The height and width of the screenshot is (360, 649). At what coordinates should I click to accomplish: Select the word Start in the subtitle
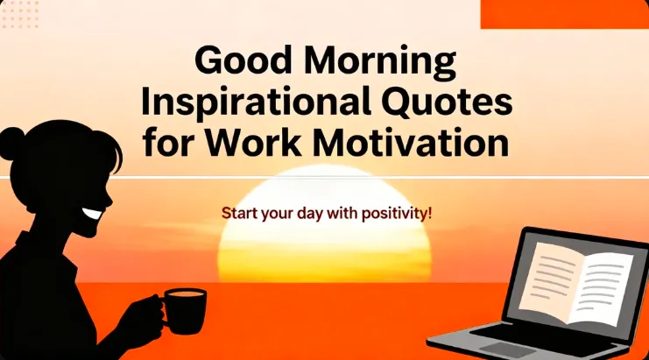[x=238, y=213]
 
